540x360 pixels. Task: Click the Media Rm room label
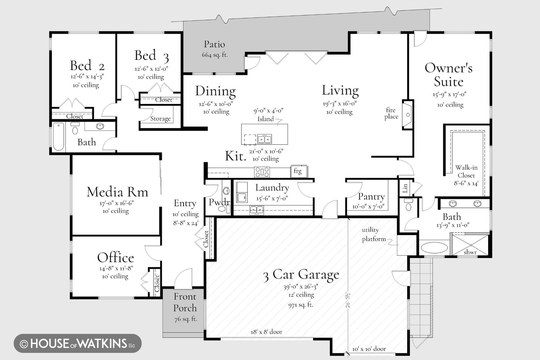[x=117, y=192]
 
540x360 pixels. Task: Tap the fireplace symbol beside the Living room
[x=408, y=115]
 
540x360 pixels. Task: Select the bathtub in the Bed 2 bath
[x=59, y=136]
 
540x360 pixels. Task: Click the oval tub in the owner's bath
[x=434, y=247]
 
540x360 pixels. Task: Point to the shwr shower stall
[x=470, y=245]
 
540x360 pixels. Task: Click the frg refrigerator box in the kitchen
[x=299, y=172]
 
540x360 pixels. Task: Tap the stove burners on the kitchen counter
[x=262, y=172]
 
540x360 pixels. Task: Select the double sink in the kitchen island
[x=265, y=139]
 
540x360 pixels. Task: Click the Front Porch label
[x=185, y=302]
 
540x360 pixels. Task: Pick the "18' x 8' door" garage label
[x=266, y=332]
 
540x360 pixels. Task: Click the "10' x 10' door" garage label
[x=369, y=349]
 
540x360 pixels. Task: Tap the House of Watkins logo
[x=78, y=343]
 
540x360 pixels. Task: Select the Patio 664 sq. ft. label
[x=215, y=49]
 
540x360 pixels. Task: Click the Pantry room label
[x=371, y=197]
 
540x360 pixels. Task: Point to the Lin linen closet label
[x=405, y=188]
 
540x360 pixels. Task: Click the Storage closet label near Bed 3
[x=160, y=119]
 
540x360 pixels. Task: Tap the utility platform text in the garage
[x=373, y=234]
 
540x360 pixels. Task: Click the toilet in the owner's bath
[x=408, y=204]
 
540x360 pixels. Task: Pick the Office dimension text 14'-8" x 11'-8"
[x=116, y=268]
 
